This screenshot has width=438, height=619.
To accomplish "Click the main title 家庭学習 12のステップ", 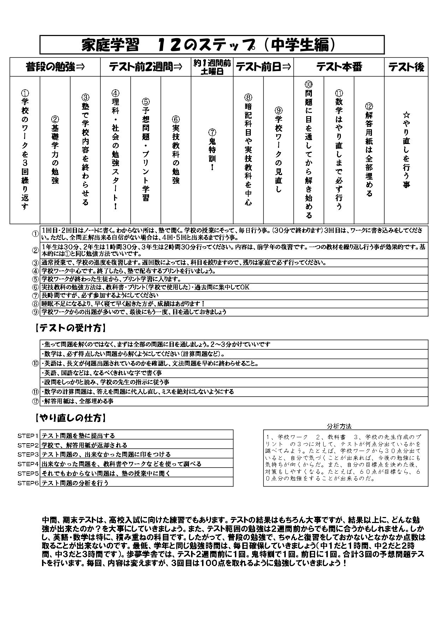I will click(x=212, y=44).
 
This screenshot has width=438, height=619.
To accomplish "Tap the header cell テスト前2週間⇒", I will click(x=146, y=67).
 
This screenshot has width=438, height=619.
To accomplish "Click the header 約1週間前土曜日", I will click(x=212, y=67).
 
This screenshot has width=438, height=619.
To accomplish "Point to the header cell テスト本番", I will click(x=339, y=67).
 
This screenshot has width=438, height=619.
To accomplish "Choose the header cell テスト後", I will click(x=406, y=67).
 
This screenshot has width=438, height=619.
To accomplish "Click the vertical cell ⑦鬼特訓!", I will click(x=212, y=150).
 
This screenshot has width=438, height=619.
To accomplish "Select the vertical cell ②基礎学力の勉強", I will click(x=55, y=150).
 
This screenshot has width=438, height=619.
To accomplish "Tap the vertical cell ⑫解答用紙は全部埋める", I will click(x=369, y=150).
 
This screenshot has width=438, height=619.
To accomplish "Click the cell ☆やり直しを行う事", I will click(x=406, y=150).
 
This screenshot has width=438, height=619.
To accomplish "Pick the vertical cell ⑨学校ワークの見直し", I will click(x=279, y=150).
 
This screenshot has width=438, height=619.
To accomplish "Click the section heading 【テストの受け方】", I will click(x=71, y=328).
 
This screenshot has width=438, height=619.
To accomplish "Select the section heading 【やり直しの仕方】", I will click(x=71, y=419).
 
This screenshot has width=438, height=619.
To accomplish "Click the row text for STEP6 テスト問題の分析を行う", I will click(x=75, y=483).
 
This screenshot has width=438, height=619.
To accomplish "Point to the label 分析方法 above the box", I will click(x=339, y=426).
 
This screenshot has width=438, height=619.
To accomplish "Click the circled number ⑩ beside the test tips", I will click(x=35, y=363).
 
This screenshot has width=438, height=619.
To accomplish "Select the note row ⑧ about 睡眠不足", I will click(x=124, y=304).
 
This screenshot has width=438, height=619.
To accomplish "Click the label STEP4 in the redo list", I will click(x=28, y=464).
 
